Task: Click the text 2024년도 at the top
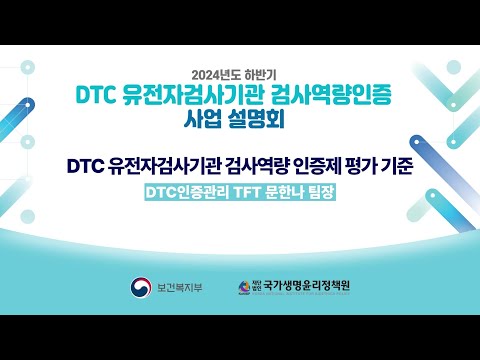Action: [213, 74]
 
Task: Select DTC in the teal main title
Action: [99, 96]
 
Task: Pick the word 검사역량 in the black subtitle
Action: [263, 162]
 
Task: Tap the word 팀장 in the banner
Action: [318, 191]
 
